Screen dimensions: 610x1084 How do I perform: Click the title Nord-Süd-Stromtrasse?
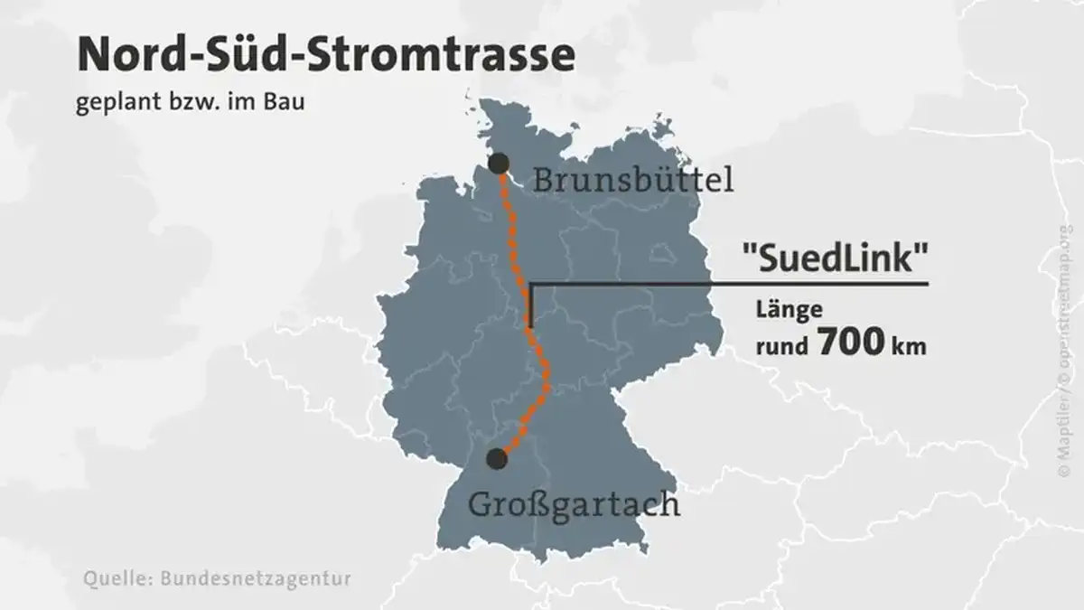click(x=326, y=57)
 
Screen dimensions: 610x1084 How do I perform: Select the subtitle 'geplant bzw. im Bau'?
click(x=191, y=102)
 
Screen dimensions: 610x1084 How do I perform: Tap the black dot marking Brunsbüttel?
click(x=498, y=164)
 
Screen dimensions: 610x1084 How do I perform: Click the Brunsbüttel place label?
click(x=632, y=181)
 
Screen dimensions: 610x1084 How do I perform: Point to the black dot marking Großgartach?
click(x=496, y=459)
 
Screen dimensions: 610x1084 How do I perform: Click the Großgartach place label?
click(x=574, y=502)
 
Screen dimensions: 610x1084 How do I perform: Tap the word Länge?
click(x=790, y=310)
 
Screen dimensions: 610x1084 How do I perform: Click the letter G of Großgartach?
click(x=479, y=502)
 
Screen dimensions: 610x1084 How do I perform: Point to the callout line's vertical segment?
click(x=531, y=305)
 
